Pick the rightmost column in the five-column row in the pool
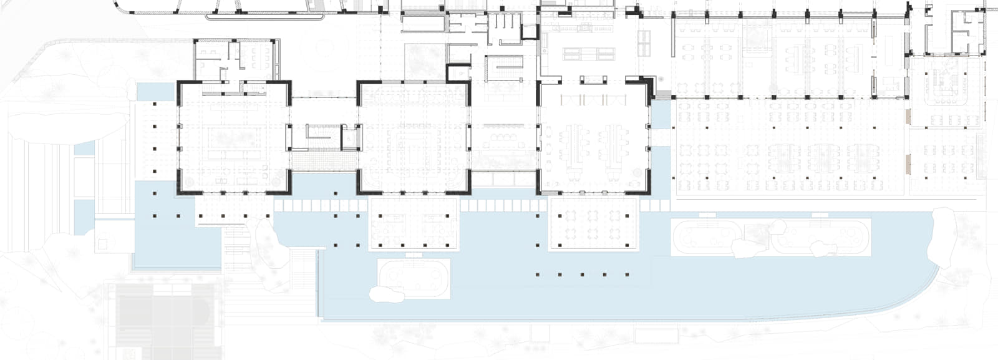coord(626,275)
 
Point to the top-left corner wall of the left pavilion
coord(182,87)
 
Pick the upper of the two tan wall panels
coord(909,116)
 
